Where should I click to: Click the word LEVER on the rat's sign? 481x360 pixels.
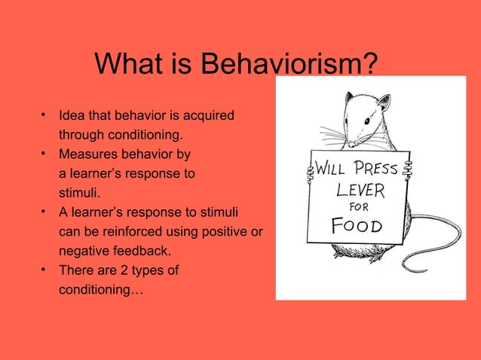(360, 187)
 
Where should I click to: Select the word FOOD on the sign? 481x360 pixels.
(357, 225)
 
